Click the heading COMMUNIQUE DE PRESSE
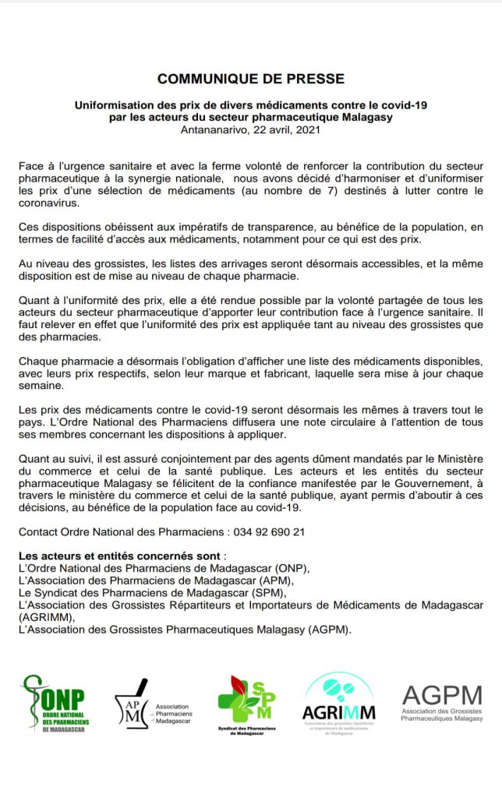(x=250, y=79)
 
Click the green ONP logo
(x=57, y=704)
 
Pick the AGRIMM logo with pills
(x=338, y=701)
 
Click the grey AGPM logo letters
(x=441, y=695)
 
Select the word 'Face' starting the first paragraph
(x=31, y=166)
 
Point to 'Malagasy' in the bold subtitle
(x=366, y=117)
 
